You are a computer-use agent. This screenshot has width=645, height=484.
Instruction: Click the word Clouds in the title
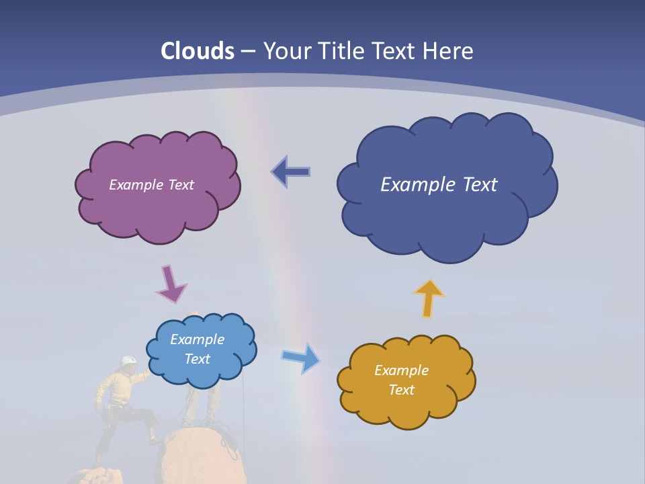point(198,51)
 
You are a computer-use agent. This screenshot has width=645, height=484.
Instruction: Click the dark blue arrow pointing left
point(291,172)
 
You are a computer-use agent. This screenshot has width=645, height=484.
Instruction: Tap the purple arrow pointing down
point(171,284)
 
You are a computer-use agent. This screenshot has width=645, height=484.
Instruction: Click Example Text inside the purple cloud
point(151,185)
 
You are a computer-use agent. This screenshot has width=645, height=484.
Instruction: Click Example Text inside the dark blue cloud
point(439,185)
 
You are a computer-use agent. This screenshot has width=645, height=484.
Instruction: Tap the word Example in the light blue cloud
point(197,339)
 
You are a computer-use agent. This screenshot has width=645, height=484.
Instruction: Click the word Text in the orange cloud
point(401,390)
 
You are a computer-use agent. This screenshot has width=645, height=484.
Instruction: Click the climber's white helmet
point(128,361)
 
